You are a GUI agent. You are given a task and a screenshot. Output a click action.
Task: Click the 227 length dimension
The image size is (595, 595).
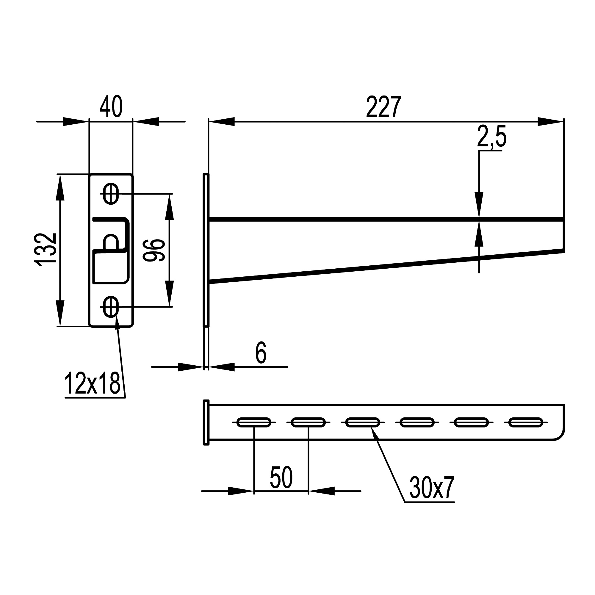point(383,107)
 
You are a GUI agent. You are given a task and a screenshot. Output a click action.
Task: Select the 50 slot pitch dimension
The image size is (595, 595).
point(281,477)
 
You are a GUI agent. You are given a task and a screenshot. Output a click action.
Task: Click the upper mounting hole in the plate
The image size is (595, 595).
point(111,194)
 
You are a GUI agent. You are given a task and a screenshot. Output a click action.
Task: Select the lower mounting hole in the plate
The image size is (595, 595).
point(111,307)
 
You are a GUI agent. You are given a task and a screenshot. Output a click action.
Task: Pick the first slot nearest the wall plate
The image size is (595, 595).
point(254,422)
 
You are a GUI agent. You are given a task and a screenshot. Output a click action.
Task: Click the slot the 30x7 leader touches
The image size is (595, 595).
point(363,422)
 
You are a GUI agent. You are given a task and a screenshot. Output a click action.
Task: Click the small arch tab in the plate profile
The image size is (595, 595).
point(111,242)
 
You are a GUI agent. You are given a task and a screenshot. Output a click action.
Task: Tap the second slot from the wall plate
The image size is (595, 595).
point(308,422)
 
